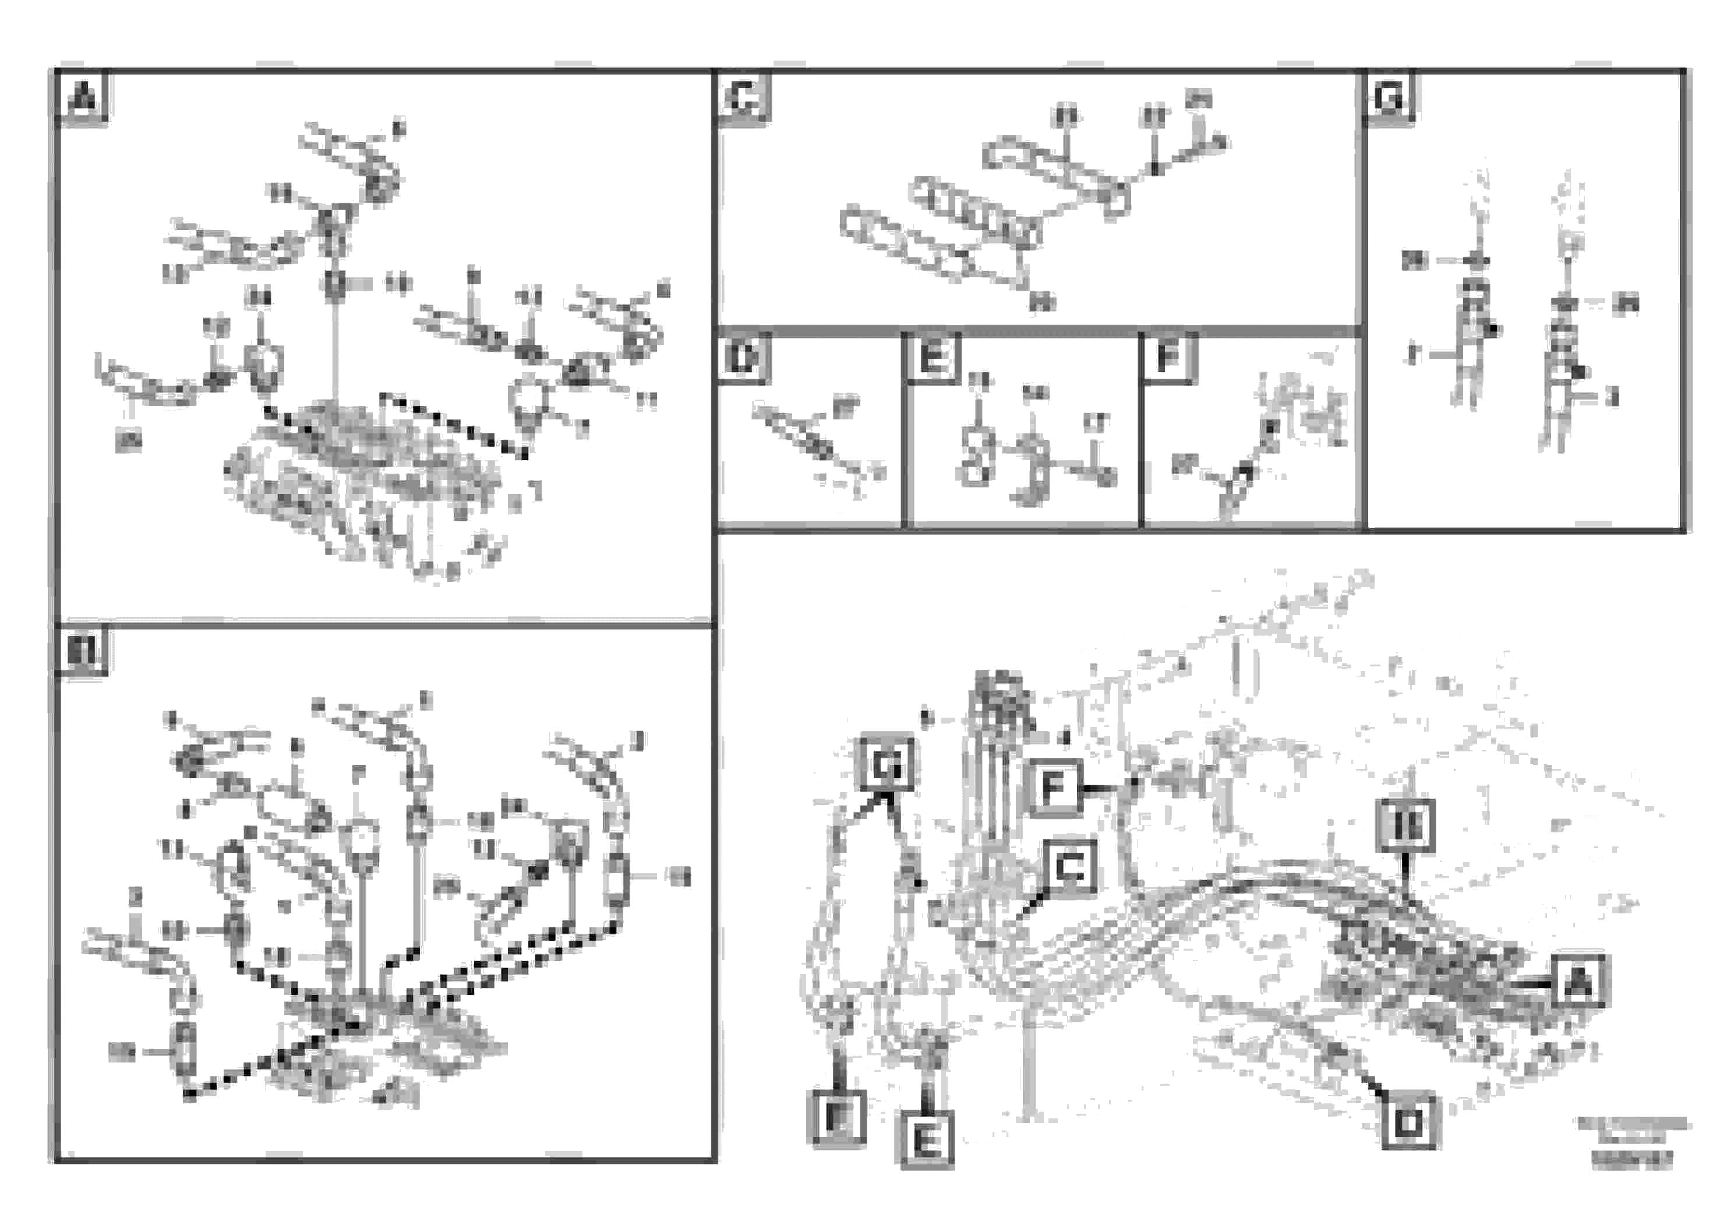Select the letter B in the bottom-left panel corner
(x=81, y=651)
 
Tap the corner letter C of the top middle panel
(x=744, y=97)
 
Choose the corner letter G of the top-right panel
(x=1390, y=97)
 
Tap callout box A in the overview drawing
(x=1578, y=982)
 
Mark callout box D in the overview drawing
(x=1408, y=1123)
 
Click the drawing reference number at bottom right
(x=1631, y=1160)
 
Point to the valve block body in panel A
(x=362, y=483)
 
